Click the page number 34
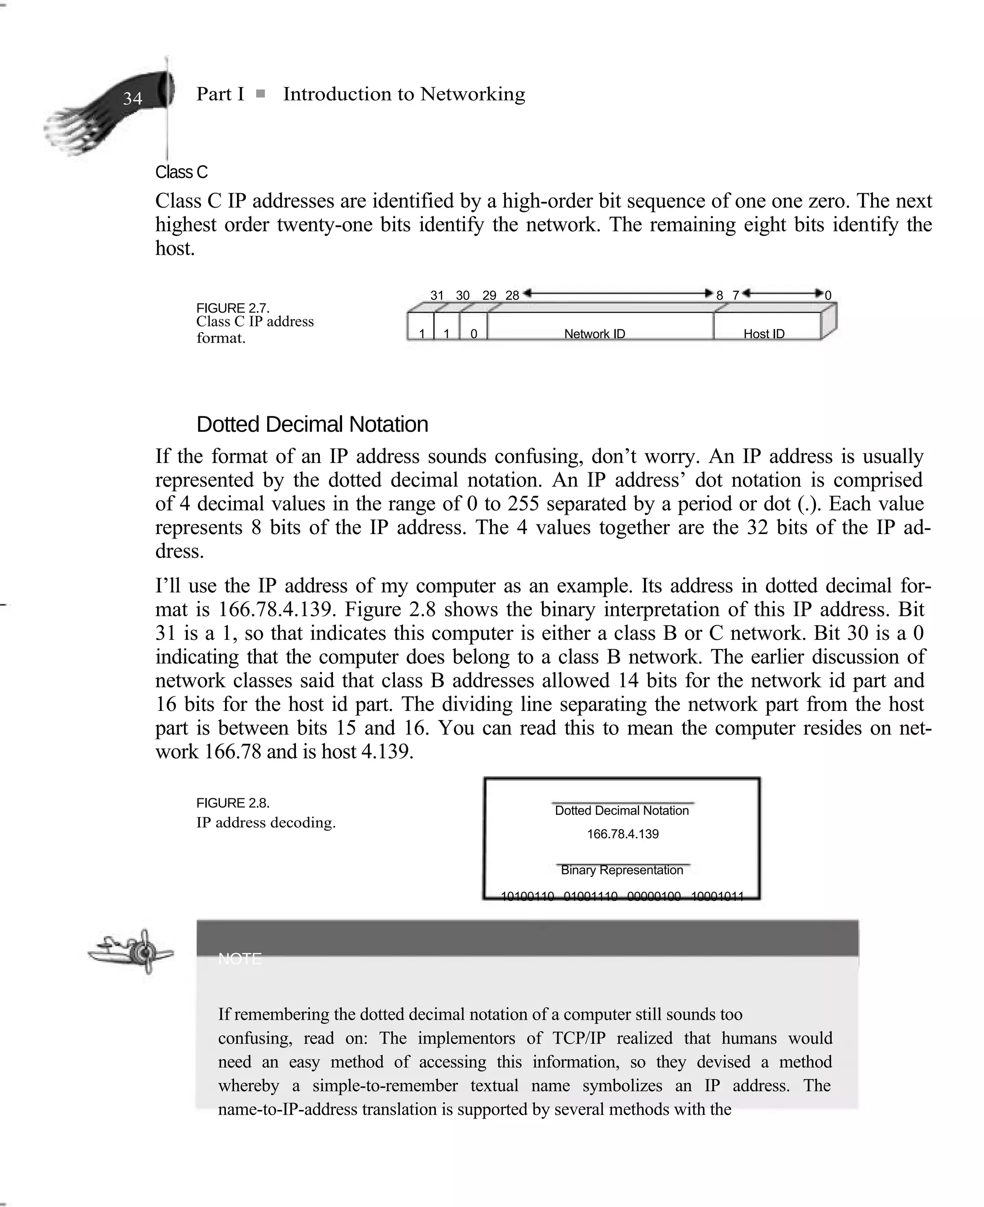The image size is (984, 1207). [x=133, y=99]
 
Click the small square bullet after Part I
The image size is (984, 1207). [x=260, y=94]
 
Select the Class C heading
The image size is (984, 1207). [x=182, y=172]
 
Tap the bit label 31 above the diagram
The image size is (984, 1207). [x=436, y=295]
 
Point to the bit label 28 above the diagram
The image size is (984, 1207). [x=512, y=295]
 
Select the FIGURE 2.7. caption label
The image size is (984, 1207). [x=233, y=308]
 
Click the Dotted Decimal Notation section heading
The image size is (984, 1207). [x=312, y=424]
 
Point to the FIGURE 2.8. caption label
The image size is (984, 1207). [x=233, y=803]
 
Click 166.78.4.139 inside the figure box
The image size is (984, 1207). [x=622, y=834]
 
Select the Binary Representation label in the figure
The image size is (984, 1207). [x=622, y=870]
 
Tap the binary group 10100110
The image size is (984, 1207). [x=527, y=896]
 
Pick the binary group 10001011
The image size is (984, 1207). [x=717, y=896]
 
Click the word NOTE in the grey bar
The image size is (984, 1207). [x=240, y=958]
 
